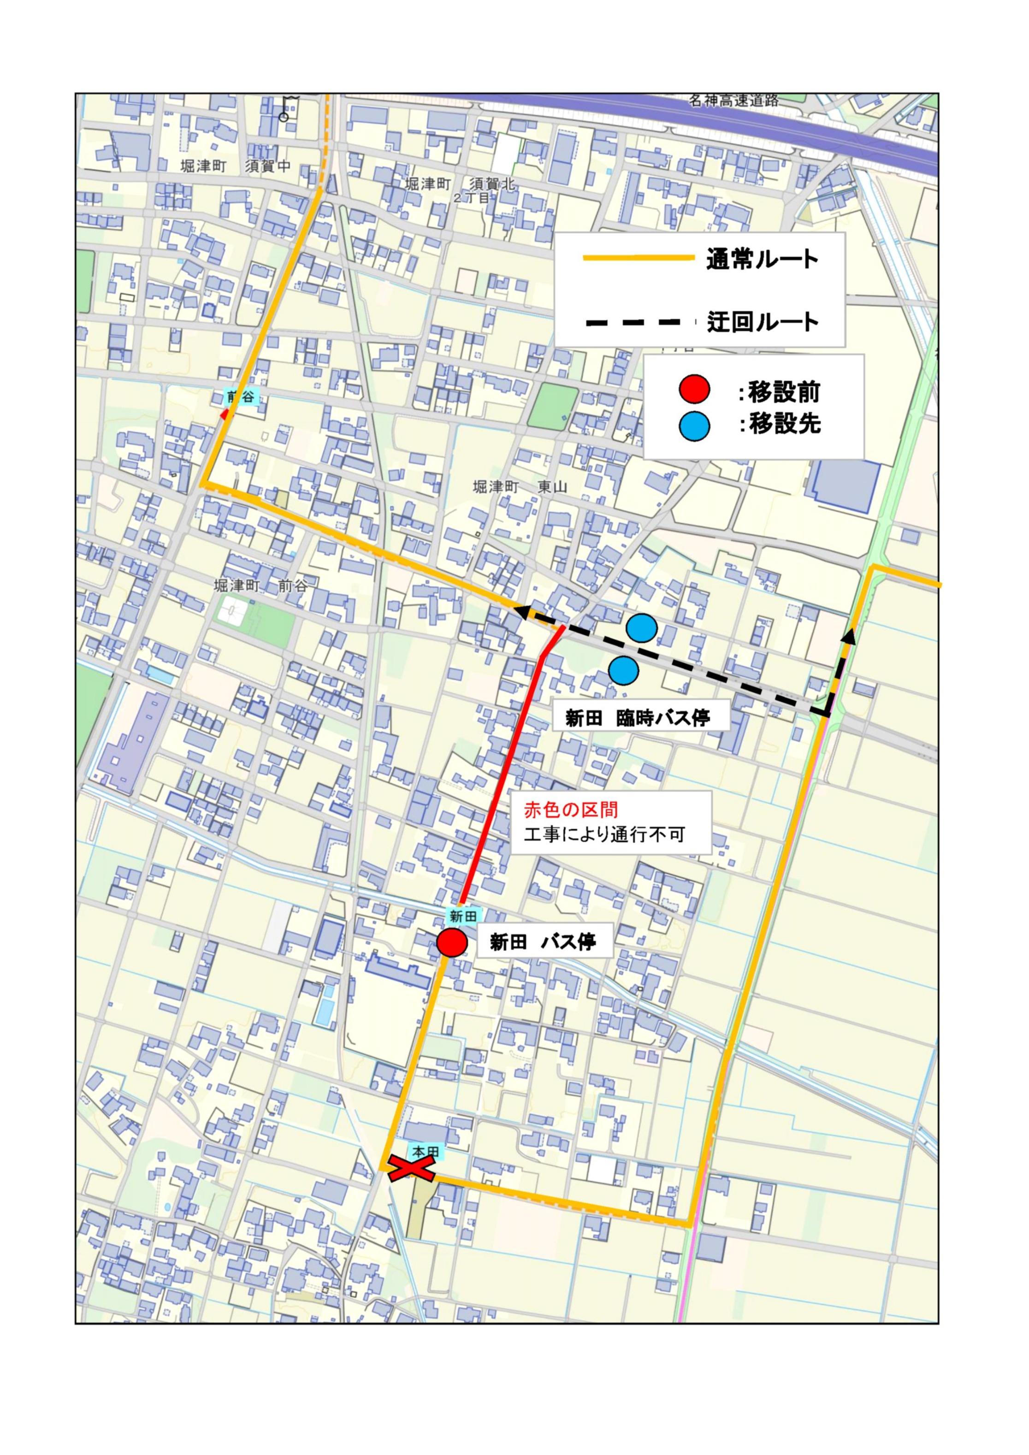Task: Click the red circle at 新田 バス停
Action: point(452,943)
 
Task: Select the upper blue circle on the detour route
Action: point(641,628)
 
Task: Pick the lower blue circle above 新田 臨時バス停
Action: point(623,670)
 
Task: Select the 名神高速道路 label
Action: point(734,101)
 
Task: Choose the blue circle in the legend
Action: point(694,426)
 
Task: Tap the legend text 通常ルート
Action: point(762,260)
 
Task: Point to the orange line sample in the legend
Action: point(639,258)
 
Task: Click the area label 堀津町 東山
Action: point(520,487)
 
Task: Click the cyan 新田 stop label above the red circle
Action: point(462,916)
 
